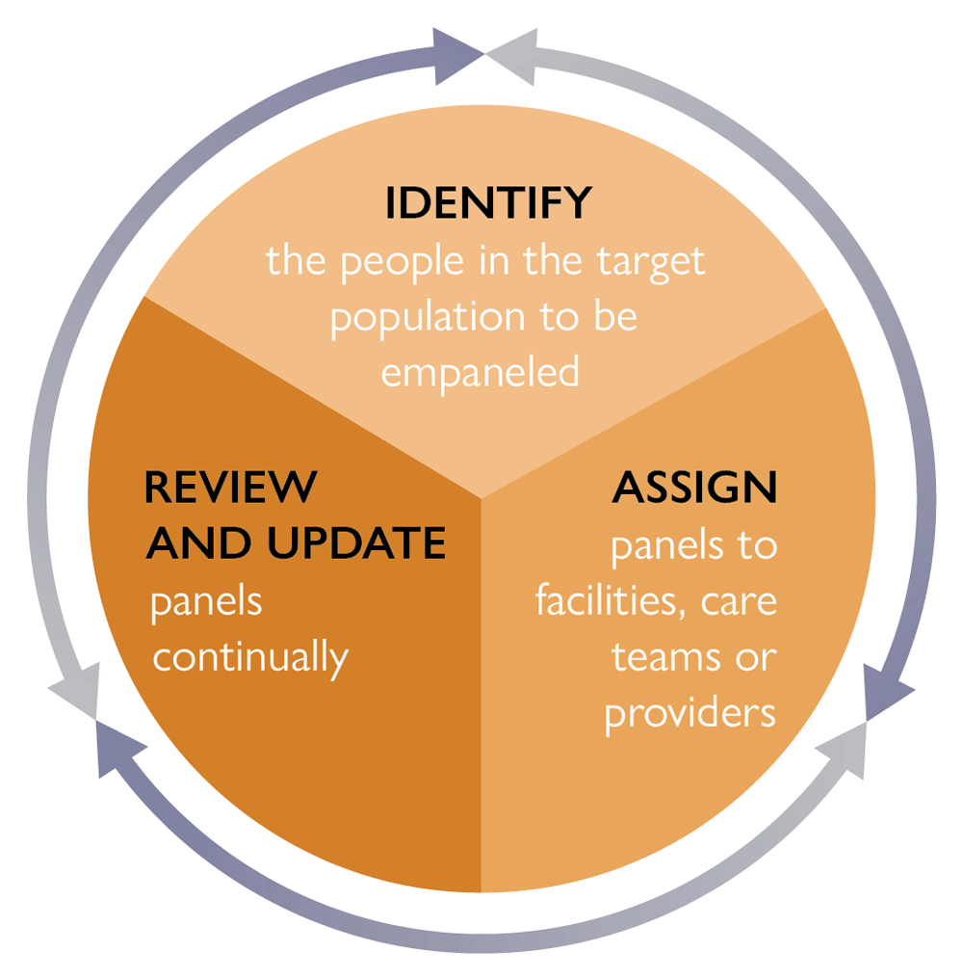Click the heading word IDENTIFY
pos(488,202)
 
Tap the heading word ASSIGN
pos(694,487)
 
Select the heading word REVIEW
pos(230,487)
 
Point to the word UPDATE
pos(356,543)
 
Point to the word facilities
pos(606,601)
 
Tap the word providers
pos(690,715)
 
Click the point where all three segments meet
pos(481,498)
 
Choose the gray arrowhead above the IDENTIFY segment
pos(512,56)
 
